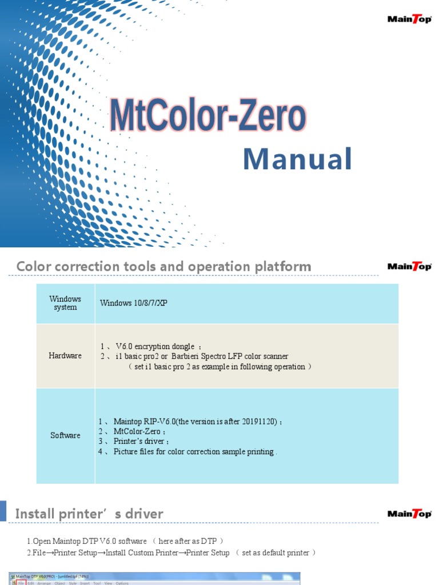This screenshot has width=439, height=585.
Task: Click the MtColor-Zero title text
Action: (207, 117)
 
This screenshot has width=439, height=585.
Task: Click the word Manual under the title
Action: (297, 159)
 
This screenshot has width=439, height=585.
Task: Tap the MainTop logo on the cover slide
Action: (409, 19)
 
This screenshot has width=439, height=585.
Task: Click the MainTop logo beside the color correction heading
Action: (409, 266)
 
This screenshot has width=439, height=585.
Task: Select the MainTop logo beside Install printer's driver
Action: (409, 514)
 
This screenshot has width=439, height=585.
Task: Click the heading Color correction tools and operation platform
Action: (163, 266)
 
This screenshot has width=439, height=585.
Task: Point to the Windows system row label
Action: (65, 303)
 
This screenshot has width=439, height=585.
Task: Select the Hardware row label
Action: (65, 355)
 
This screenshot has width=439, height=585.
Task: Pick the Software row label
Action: (65, 435)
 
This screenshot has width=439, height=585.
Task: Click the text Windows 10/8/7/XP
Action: (134, 303)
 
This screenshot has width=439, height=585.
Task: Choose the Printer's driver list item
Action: (141, 442)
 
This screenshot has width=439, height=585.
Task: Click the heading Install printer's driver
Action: (89, 514)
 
